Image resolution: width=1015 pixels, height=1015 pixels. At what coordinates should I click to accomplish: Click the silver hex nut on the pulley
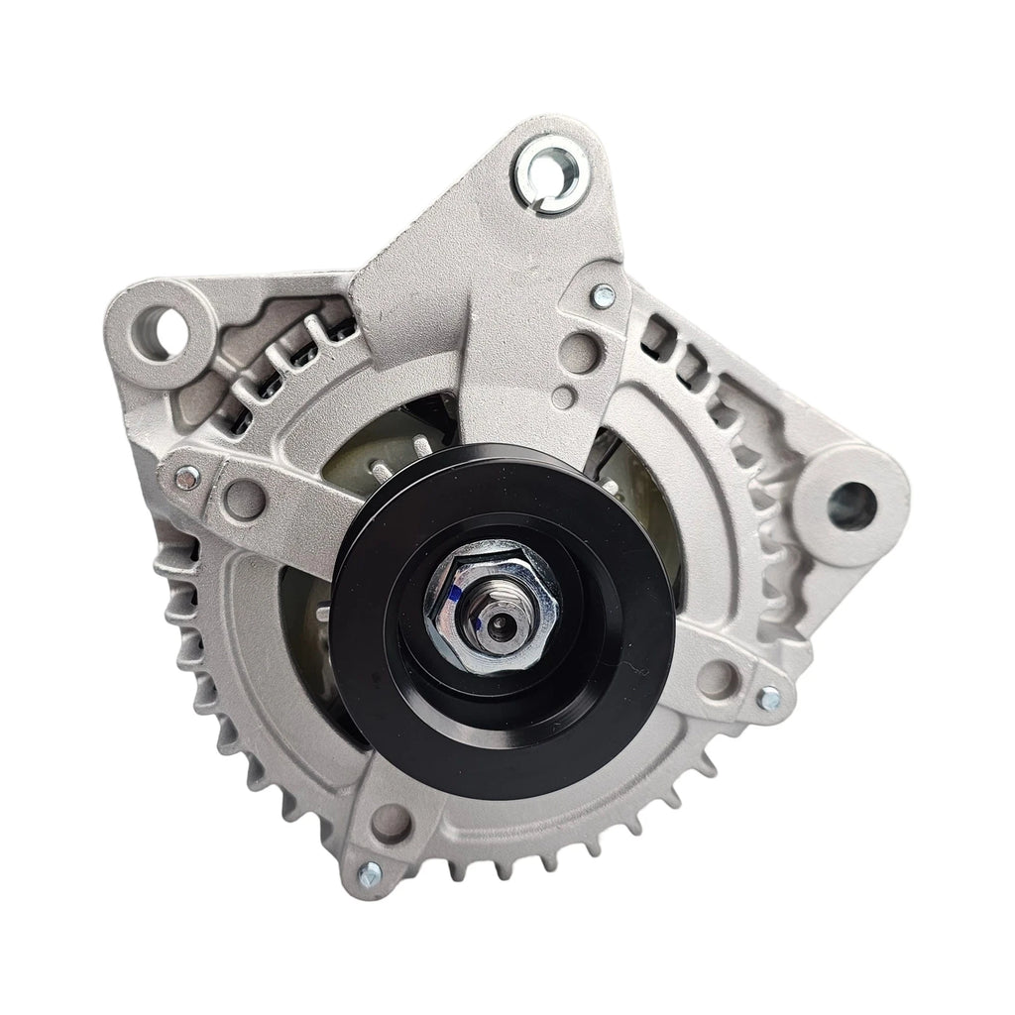[493, 602]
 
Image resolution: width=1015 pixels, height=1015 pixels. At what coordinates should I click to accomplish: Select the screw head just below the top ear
[602, 294]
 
